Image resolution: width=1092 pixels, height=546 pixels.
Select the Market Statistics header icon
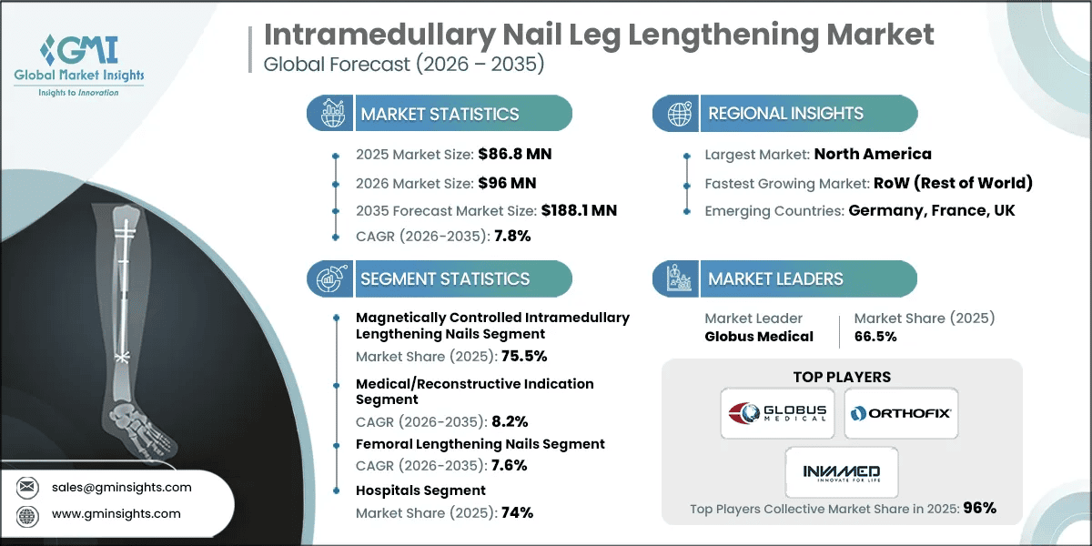[329, 114]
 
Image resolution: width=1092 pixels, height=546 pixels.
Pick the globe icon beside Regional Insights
[678, 114]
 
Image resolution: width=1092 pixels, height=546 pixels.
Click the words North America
[873, 154]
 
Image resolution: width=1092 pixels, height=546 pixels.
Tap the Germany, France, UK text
[932, 210]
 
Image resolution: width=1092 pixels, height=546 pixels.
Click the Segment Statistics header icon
[329, 278]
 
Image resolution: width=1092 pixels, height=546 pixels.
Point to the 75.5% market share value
[517, 356]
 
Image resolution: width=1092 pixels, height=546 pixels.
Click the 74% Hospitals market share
[515, 512]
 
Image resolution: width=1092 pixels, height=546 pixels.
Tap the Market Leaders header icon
[678, 278]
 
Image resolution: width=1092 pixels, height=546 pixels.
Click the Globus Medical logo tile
[776, 413]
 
